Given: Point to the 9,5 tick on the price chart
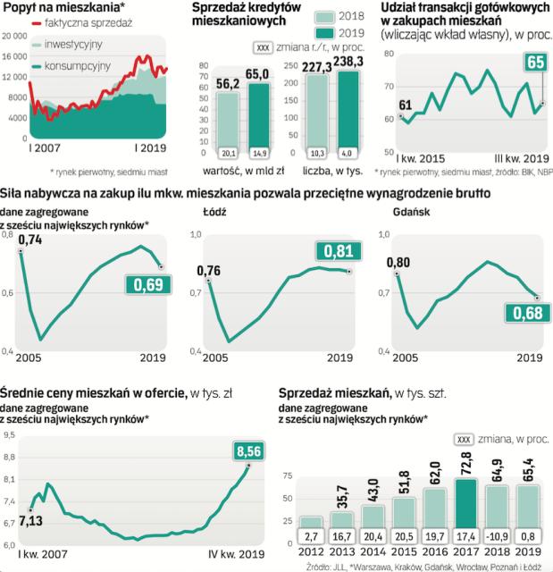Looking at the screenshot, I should pyautogui.click(x=9, y=435).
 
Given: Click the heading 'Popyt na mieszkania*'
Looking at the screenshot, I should pyautogui.click(x=53, y=6).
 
